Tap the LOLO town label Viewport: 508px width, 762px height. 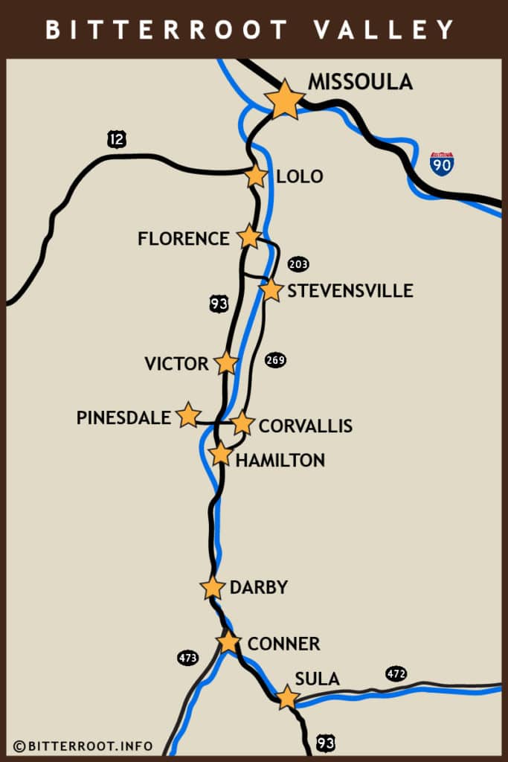tap(300, 176)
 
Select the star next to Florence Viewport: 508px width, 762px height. tap(249, 237)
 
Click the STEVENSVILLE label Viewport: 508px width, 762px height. tap(350, 290)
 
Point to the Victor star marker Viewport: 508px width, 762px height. tap(226, 362)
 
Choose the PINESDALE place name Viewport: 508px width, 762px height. tap(123, 417)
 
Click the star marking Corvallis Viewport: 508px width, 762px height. tap(242, 423)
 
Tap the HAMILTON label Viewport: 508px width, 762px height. tap(280, 461)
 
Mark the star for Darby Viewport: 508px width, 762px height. tap(213, 587)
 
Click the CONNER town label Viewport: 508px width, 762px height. tap(283, 644)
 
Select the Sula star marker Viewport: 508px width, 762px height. tap(287, 697)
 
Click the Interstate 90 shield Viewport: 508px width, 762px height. tap(442, 164)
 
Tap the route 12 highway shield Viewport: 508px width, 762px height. tap(117, 138)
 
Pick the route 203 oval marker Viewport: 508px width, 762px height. tap(298, 264)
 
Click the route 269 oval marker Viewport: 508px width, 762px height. tap(275, 360)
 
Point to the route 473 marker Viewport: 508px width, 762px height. tap(188, 658)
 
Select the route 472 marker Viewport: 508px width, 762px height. tap(396, 674)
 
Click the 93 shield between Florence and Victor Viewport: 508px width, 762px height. tap(218, 303)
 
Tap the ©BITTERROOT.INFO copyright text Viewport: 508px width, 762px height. tap(83, 746)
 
